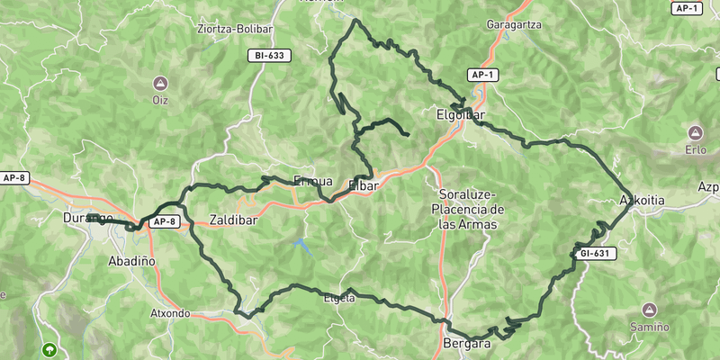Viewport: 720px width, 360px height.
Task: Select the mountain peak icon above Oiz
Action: (x=160, y=83)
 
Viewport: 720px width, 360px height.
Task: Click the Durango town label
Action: (x=87, y=219)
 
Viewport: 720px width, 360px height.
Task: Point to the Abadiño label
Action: (x=131, y=260)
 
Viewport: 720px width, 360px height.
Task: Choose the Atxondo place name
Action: (x=170, y=314)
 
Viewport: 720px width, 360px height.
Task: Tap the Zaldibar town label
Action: (x=236, y=219)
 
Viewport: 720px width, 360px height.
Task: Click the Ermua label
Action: (x=313, y=179)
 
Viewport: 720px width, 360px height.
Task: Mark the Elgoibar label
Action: (x=460, y=115)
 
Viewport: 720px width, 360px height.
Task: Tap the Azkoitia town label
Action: (x=643, y=199)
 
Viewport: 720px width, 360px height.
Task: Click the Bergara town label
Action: (x=467, y=344)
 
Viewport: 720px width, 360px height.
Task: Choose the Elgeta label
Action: (x=338, y=298)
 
